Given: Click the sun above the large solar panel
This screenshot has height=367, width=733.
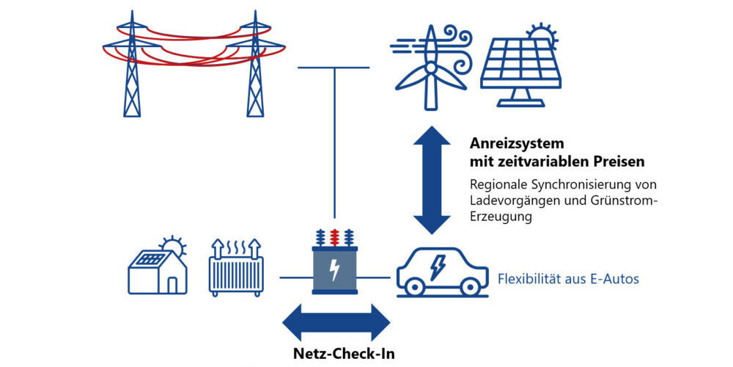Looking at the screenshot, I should pyautogui.click(x=543, y=32).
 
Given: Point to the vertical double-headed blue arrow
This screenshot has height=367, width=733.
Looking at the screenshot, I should pyautogui.click(x=432, y=179).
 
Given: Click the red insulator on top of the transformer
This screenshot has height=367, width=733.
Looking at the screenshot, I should pyautogui.click(x=334, y=237).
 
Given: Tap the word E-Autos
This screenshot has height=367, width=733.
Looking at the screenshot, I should pyautogui.click(x=614, y=279).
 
